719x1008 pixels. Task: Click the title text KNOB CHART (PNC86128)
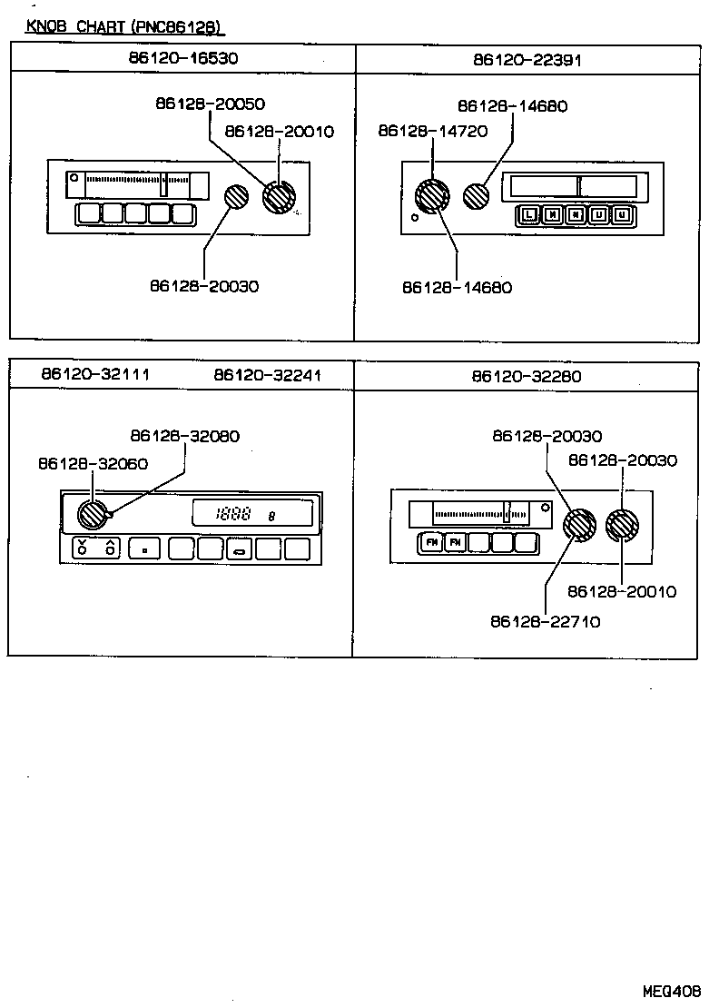click(x=124, y=27)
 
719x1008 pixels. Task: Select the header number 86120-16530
click(x=183, y=58)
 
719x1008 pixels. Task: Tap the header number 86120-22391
click(x=527, y=60)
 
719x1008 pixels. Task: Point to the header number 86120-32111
click(x=95, y=374)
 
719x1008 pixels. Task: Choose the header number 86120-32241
click(x=268, y=374)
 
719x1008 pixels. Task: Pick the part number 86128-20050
click(x=210, y=104)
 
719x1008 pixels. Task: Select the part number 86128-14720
click(x=433, y=132)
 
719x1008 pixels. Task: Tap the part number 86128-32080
click(x=185, y=436)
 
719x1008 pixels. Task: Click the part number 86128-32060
click(x=94, y=463)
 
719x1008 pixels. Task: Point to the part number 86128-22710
click(x=546, y=622)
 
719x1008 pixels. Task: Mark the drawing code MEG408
click(x=674, y=991)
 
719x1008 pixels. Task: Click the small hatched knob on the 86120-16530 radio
click(x=236, y=196)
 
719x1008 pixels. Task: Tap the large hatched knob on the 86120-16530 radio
click(x=279, y=196)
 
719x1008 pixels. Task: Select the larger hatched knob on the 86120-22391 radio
click(x=432, y=196)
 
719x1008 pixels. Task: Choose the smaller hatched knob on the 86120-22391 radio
click(x=477, y=194)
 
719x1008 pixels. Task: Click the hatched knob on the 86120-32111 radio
click(x=92, y=515)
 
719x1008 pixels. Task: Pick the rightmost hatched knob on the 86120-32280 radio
click(x=622, y=525)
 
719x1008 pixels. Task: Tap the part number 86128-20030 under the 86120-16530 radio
click(x=204, y=286)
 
